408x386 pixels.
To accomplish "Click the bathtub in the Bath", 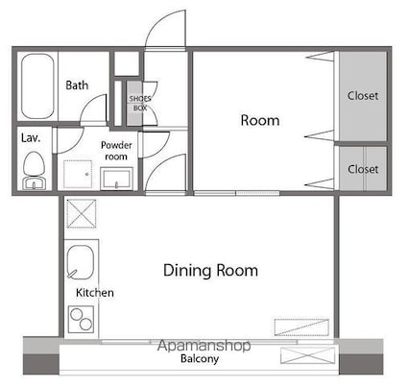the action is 37,86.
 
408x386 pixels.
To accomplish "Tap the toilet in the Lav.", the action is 34,171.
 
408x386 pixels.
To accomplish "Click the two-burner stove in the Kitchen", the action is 81,319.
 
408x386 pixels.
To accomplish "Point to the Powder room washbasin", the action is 116,179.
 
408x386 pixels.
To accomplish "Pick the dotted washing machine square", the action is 78,174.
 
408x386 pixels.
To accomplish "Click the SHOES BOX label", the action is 140,103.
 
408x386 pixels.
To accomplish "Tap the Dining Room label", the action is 210,271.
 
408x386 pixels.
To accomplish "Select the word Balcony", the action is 200,358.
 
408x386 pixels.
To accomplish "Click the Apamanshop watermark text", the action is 204,346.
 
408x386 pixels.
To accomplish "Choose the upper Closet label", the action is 363,95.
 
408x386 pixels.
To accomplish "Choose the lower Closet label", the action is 363,169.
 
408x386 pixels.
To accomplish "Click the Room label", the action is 260,120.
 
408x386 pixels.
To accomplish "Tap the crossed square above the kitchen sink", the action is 82,213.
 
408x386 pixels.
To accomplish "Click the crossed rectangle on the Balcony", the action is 307,355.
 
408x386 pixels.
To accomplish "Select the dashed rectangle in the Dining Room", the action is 301,327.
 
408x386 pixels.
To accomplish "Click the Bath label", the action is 77,85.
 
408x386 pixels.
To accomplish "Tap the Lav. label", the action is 31,138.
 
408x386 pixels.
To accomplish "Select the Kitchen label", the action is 95,293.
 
